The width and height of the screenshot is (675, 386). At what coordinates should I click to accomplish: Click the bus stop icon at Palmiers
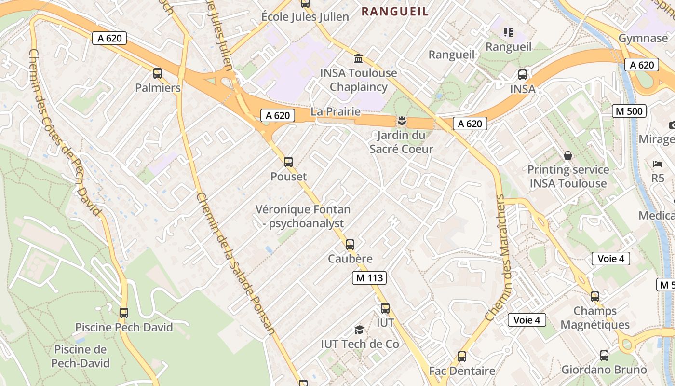[x=158, y=73]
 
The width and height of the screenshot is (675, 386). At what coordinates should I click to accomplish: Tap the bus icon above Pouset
[x=288, y=162]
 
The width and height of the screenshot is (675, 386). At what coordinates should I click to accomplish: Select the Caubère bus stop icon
[x=350, y=245]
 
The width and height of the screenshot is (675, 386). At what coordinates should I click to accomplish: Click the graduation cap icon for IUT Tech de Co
[x=359, y=330]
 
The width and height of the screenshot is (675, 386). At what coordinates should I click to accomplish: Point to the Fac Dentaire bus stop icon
[x=462, y=357]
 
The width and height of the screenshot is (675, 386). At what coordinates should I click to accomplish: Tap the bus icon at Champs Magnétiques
[x=595, y=297]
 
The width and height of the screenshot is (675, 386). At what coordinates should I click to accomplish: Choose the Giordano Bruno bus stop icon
[x=604, y=356]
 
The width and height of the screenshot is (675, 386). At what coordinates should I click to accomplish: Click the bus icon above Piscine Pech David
[x=124, y=313]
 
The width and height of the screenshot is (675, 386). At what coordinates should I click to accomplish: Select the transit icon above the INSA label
[x=523, y=75]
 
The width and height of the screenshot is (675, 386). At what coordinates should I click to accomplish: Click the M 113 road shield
[x=369, y=278]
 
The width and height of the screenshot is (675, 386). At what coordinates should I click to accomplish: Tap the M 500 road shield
[x=629, y=111]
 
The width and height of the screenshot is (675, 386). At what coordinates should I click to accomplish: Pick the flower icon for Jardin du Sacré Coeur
[x=401, y=121]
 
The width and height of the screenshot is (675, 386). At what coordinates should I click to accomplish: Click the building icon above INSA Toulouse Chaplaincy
[x=358, y=59]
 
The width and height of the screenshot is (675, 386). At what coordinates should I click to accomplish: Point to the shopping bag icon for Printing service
[x=568, y=156]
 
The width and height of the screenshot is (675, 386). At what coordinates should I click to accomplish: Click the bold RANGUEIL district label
[x=395, y=11]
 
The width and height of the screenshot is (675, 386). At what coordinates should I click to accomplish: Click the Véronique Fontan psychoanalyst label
[x=303, y=217]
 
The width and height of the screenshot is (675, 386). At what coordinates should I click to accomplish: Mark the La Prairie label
[x=336, y=111]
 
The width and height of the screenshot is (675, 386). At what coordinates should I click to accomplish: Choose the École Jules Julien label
[x=305, y=17]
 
